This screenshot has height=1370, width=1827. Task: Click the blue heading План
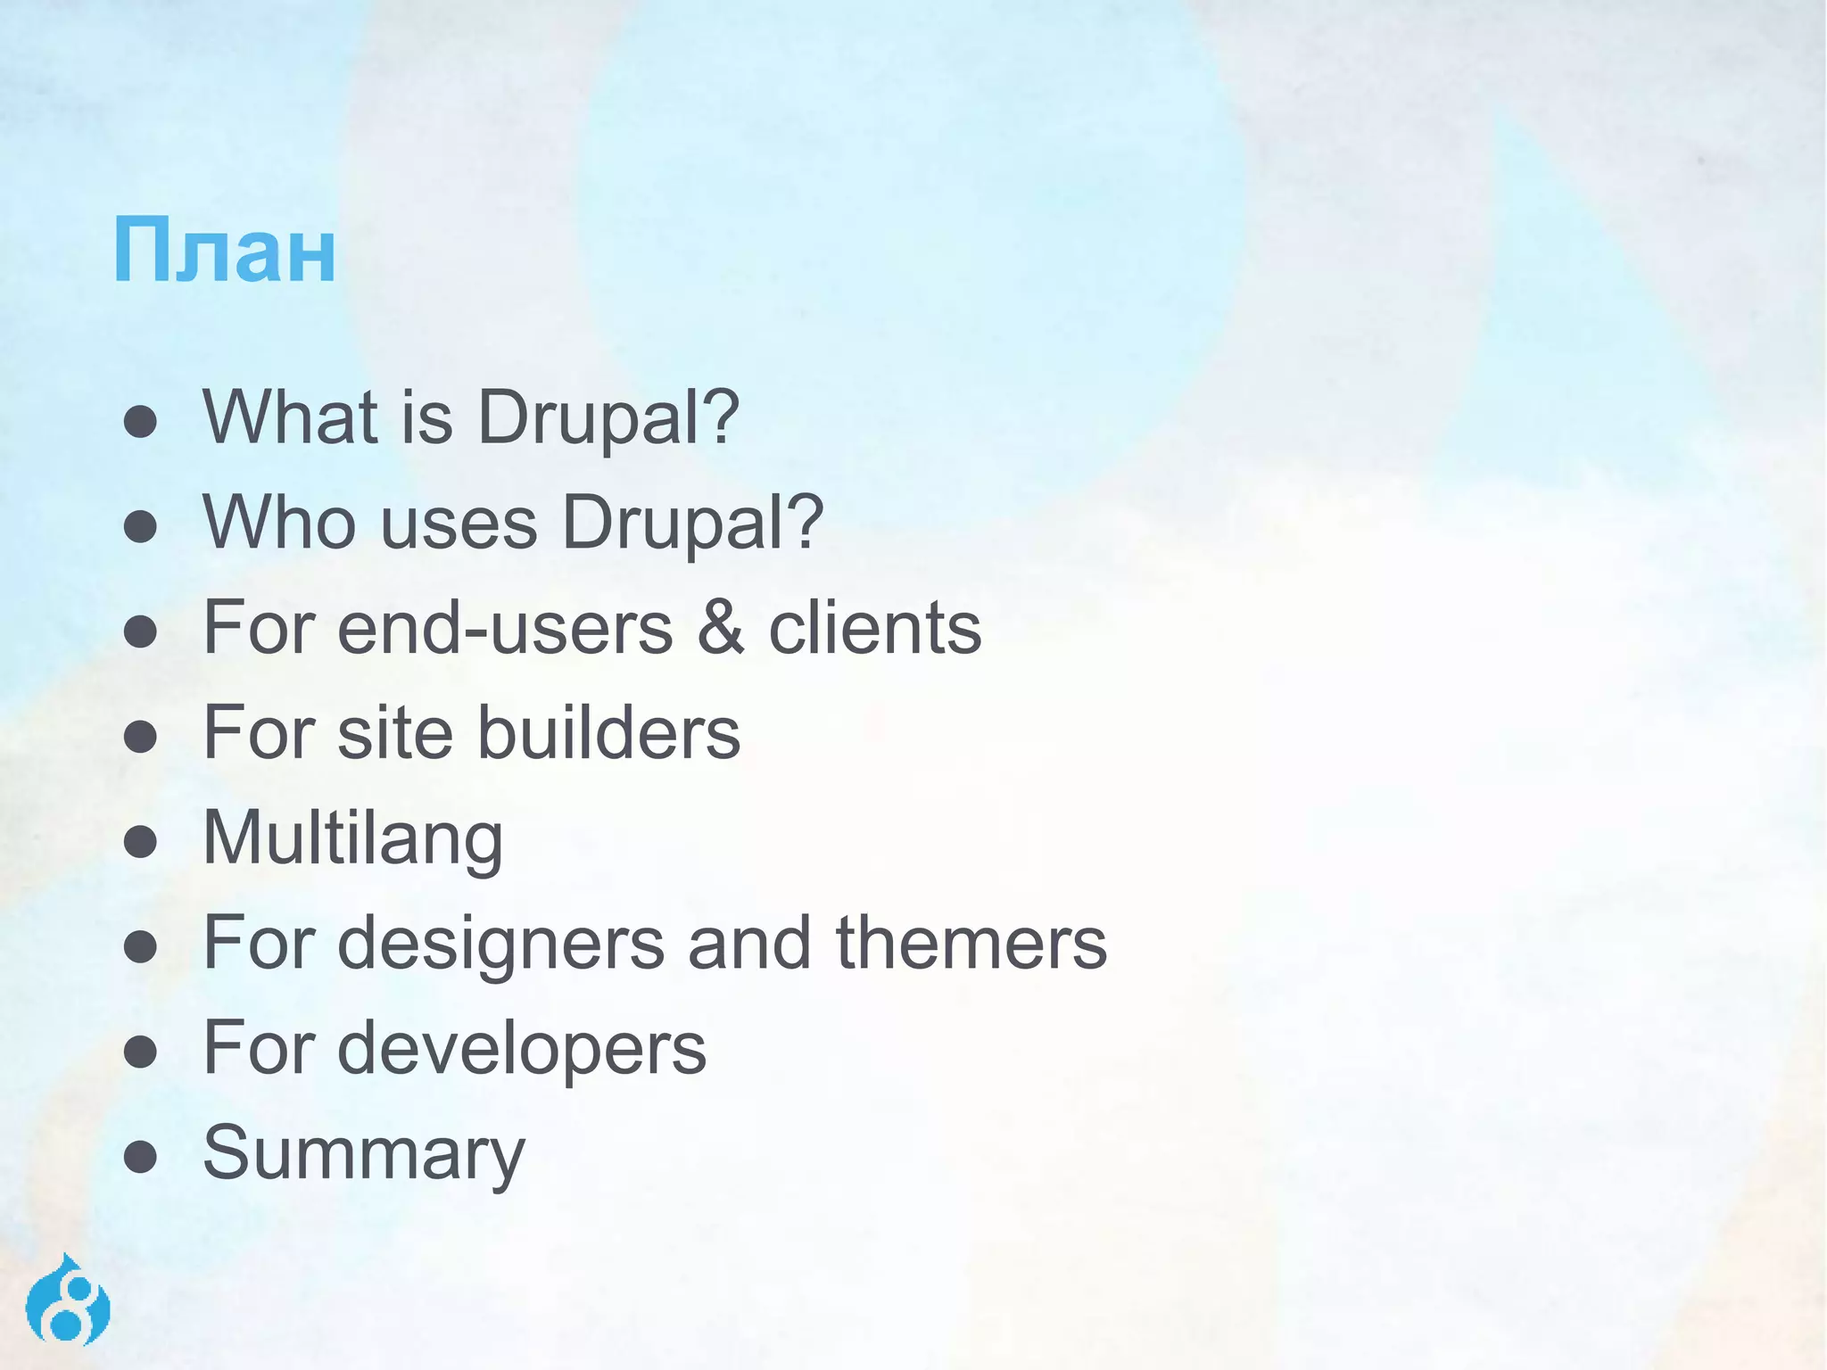click(224, 252)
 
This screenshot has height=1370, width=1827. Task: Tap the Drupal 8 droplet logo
click(68, 1301)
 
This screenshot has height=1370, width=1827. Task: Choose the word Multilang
click(353, 838)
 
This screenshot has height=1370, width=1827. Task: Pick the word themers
click(971, 944)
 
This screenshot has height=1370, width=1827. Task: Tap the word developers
click(522, 1049)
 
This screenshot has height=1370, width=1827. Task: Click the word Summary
click(364, 1154)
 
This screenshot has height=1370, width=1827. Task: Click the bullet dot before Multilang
click(141, 842)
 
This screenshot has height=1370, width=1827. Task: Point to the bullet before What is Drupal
click(141, 421)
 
